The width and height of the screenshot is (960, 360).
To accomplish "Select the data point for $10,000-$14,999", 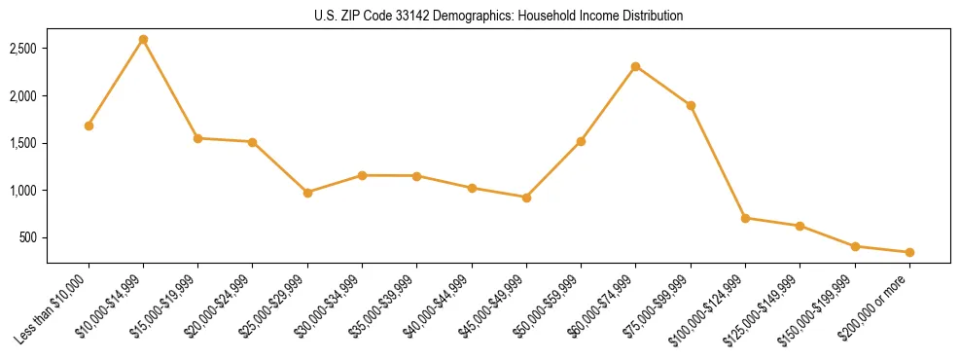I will coord(143,40).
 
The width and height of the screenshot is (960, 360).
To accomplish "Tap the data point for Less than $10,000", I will coord(89,126).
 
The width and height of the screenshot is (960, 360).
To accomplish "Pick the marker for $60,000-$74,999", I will coord(635,66).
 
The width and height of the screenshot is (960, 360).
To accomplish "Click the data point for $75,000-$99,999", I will coord(691,105).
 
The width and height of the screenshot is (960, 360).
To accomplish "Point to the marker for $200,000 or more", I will coord(909,252).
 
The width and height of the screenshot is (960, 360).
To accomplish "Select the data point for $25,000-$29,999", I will coord(307,193).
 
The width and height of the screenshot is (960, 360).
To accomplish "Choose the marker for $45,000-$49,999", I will coord(526,198).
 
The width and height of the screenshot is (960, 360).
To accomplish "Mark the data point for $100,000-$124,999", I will coord(745,218).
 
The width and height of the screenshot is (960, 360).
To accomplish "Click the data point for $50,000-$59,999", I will coord(581,141).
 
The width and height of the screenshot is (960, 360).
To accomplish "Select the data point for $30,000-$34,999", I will coord(362,175).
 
